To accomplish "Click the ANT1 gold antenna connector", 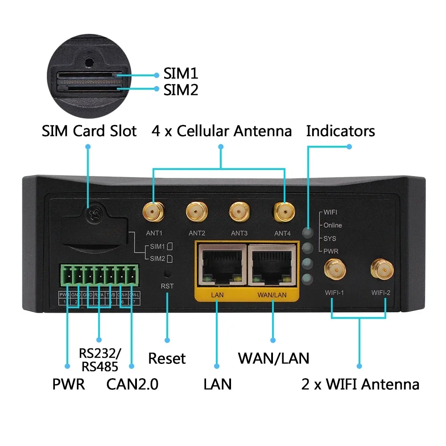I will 153,211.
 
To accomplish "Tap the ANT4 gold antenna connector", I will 284,211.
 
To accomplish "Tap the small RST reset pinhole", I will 167,273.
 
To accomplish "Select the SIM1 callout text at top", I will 181,74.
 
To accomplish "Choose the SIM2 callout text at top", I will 181,90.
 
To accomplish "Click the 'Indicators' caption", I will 340,131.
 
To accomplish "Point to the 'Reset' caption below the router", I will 166,359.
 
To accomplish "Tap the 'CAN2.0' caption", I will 132,384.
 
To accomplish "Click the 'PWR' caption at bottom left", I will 68,384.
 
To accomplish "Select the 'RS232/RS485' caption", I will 99,359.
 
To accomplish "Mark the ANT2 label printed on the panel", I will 197,233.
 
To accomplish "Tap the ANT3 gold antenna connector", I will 240,211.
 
